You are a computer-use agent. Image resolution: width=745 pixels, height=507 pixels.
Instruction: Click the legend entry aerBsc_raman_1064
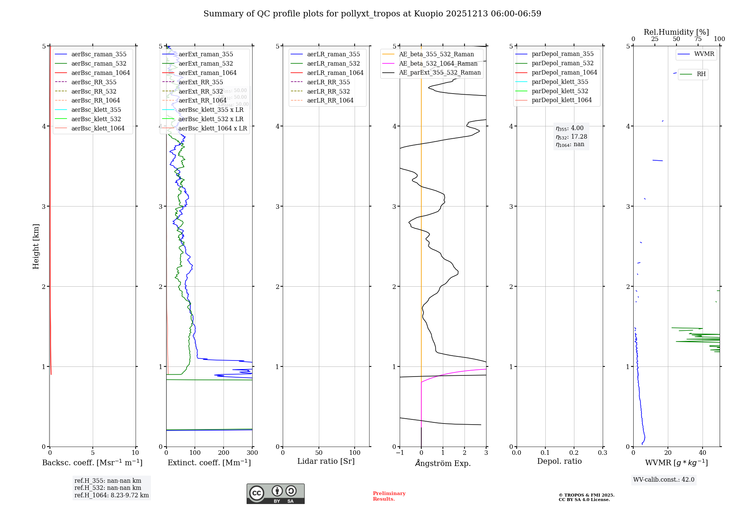tap(101, 73)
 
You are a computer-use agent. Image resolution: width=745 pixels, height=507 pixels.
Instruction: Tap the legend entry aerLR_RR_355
tap(328, 82)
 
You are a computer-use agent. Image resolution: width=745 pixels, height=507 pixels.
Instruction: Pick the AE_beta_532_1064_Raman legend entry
tap(438, 63)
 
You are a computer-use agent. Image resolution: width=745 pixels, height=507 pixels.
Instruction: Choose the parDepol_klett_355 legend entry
tap(560, 82)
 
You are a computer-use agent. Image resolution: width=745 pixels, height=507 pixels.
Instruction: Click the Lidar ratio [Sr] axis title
tap(326, 461)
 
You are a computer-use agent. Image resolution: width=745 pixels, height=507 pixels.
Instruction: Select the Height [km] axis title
tap(36, 246)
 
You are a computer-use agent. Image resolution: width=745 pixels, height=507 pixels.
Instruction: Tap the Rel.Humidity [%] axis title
tap(676, 32)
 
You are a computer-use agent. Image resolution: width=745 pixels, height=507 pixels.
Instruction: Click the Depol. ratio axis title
tap(559, 461)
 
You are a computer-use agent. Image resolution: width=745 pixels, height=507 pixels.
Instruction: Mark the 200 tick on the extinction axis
tap(223, 453)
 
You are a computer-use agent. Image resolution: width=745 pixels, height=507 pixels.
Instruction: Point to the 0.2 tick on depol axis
tap(574, 453)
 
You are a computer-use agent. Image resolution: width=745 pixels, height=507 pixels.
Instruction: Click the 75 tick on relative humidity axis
tap(698, 39)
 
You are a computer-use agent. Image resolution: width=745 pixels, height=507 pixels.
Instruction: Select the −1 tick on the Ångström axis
tap(400, 453)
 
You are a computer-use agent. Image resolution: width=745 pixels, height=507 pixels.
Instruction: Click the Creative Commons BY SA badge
tap(275, 494)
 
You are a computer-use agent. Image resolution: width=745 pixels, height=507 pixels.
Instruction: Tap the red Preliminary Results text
tap(389, 496)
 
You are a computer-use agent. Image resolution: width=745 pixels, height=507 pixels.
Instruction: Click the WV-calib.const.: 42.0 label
tap(663, 479)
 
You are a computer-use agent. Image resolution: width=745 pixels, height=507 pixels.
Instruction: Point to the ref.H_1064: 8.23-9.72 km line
tap(111, 495)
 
